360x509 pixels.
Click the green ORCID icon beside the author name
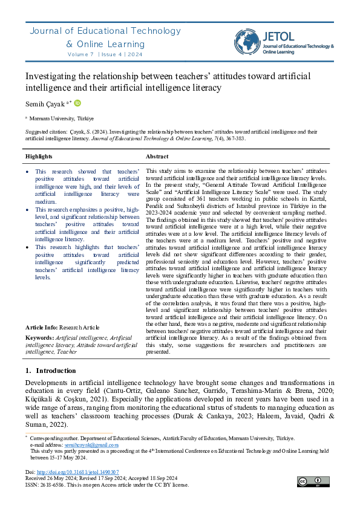[77, 103]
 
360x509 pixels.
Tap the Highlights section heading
[39, 157]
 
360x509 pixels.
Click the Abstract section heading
[157, 157]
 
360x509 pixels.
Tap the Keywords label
[39, 337]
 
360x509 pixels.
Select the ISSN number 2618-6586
[51, 485]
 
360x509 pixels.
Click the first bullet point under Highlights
[28, 172]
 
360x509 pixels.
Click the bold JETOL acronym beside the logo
[281, 36]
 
